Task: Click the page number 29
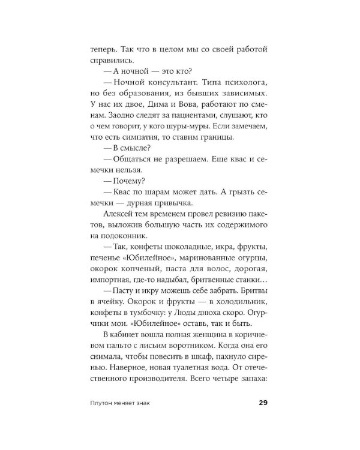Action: tap(262, 403)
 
